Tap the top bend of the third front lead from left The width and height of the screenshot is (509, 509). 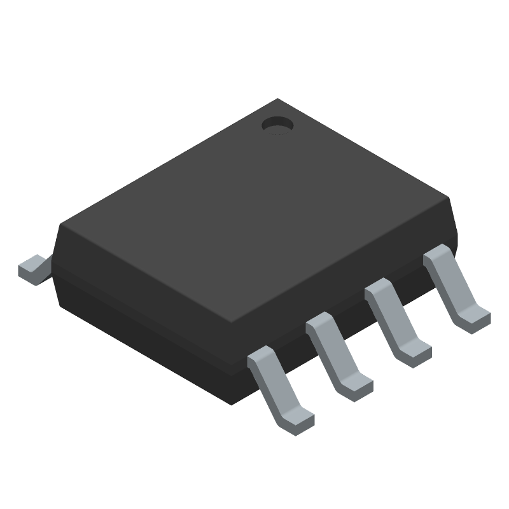(379, 290)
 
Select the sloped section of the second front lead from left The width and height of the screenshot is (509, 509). (334, 353)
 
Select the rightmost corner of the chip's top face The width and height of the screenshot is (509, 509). (450, 199)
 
